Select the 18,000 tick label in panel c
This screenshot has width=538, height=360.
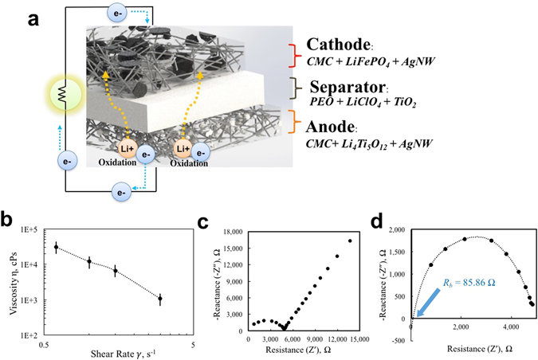[229, 233]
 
